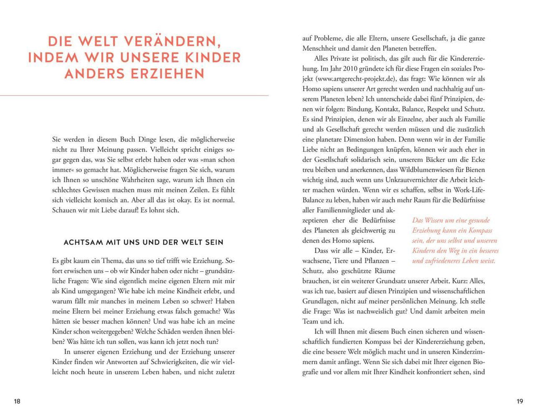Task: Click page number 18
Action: tap(17, 401)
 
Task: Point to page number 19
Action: tap(520, 401)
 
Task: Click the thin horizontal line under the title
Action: tap(134, 95)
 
